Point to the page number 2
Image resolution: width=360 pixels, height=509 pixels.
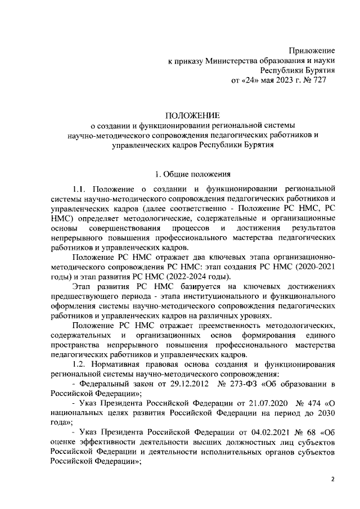(332, 479)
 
